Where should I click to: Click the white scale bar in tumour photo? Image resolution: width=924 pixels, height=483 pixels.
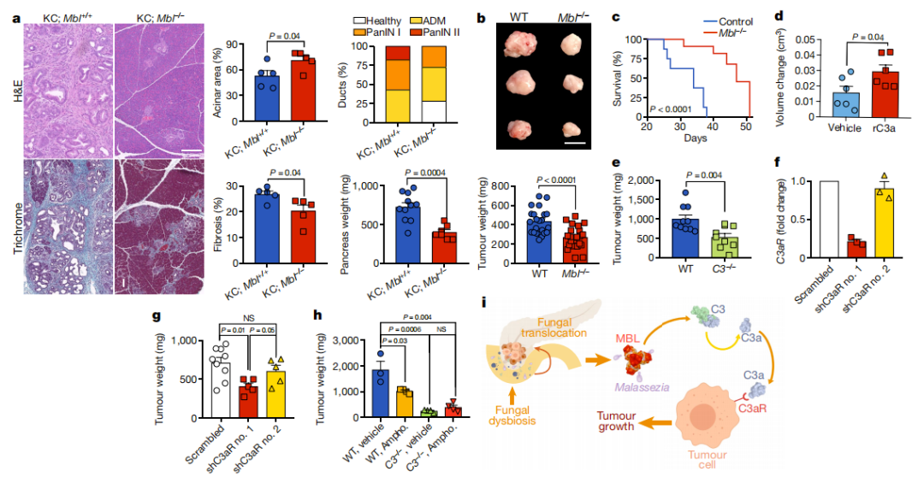coord(575,141)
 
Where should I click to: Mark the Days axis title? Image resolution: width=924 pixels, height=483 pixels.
coord(696,138)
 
